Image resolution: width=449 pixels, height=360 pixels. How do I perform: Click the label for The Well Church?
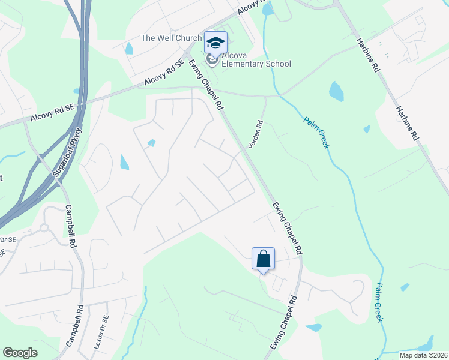click(x=171, y=38)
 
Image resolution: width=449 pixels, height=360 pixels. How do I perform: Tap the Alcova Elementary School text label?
click(x=256, y=59)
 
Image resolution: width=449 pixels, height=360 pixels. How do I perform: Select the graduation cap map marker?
click(x=215, y=43)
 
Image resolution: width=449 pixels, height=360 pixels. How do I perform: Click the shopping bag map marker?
click(x=263, y=259)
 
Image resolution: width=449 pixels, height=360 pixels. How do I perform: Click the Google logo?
click(x=20, y=353)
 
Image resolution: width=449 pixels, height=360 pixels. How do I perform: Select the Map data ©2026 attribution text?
click(x=423, y=355)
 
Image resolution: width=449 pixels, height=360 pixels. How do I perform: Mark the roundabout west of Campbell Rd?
click(x=43, y=228)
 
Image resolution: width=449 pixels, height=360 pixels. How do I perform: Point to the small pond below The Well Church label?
click(x=129, y=49)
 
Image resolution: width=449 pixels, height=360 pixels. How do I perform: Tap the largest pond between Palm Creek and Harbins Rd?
click(x=336, y=91)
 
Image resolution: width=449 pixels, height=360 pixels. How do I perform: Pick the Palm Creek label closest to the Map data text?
click(x=379, y=302)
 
